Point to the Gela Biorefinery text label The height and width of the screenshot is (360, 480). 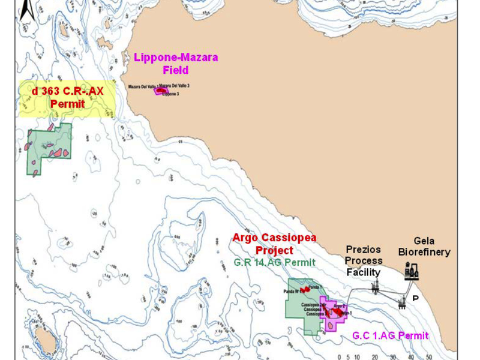424,247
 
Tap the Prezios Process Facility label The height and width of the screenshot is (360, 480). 364,261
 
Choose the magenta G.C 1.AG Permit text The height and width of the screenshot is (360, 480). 391,336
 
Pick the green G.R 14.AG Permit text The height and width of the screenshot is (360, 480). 274,263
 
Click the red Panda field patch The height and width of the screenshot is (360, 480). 305,289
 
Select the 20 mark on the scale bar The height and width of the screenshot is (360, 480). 374,356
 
